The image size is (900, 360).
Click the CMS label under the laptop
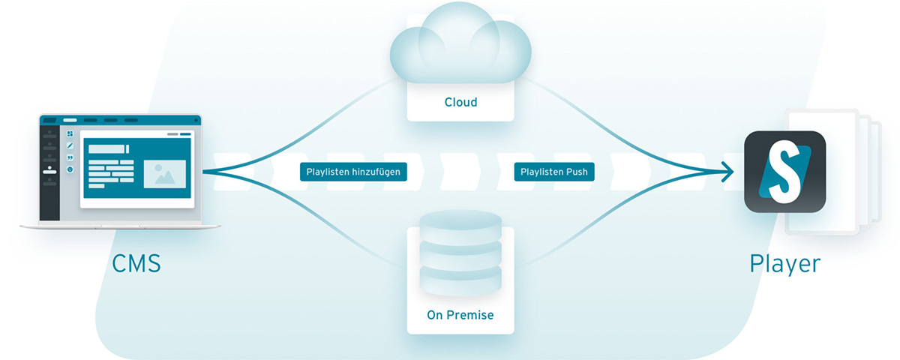click(x=136, y=264)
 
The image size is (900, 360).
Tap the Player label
click(x=784, y=263)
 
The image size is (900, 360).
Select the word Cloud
click(x=460, y=102)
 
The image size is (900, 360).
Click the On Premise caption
click(x=460, y=315)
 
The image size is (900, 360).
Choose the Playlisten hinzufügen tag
click(x=353, y=172)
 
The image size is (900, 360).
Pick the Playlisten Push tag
click(x=555, y=172)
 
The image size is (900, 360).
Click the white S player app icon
click(x=784, y=172)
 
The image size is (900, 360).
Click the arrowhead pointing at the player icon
click(x=727, y=172)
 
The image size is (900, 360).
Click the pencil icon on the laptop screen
click(x=70, y=145)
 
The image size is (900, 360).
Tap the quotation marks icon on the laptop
click(x=70, y=157)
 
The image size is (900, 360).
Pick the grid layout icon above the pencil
click(x=70, y=133)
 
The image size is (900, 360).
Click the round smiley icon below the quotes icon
click(x=70, y=169)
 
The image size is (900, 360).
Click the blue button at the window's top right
click(x=185, y=134)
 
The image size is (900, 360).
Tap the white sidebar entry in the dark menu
click(x=49, y=172)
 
